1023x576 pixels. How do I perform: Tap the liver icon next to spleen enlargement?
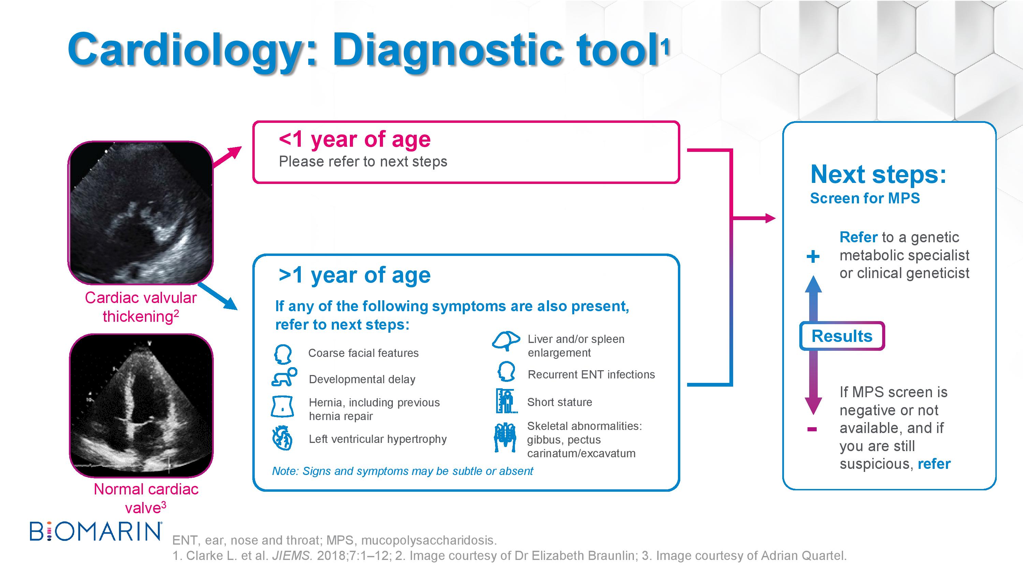506,341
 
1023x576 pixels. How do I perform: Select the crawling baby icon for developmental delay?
284,377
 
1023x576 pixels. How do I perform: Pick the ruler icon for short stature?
505,401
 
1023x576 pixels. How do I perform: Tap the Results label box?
842,336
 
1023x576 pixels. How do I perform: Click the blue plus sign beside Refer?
813,256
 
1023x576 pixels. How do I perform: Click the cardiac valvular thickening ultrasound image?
140,213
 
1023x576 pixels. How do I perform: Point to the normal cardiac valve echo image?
142,405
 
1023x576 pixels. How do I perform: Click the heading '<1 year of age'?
355,139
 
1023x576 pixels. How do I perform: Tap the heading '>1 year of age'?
355,275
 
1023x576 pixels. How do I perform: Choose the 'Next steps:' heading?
878,174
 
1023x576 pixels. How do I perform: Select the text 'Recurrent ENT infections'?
591,374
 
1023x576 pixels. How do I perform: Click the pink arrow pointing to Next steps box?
753,218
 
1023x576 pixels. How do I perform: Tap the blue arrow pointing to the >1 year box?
217,296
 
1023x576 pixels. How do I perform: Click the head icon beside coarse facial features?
283,354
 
